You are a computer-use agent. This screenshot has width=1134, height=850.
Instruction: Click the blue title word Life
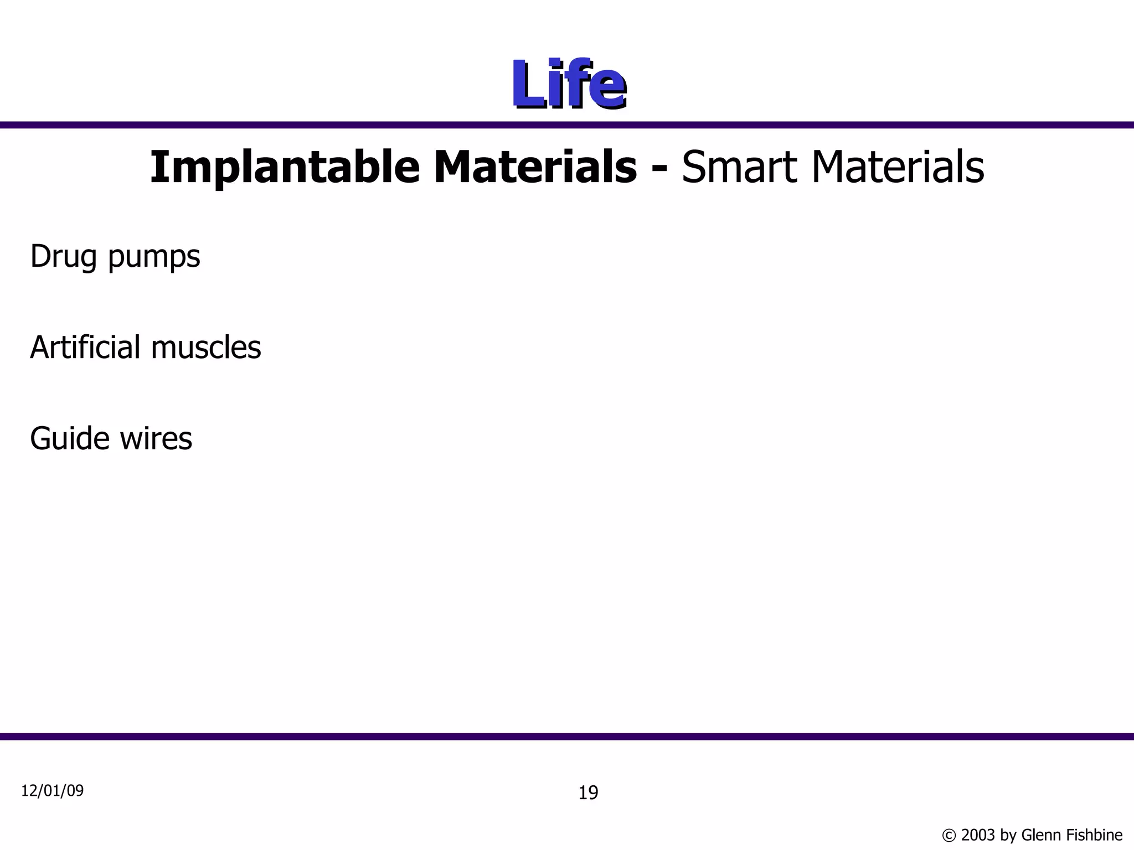pyautogui.click(x=568, y=84)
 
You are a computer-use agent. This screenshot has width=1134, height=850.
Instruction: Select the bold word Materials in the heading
pyautogui.click(x=535, y=167)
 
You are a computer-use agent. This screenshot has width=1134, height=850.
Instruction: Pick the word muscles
pyautogui.click(x=205, y=348)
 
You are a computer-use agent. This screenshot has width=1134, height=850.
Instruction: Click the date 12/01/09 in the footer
pyautogui.click(x=52, y=791)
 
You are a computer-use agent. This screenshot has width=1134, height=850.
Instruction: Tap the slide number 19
pyautogui.click(x=588, y=793)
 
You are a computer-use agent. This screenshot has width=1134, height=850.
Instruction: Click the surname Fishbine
pyautogui.click(x=1097, y=835)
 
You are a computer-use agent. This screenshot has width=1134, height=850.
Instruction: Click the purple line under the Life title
pyautogui.click(x=567, y=125)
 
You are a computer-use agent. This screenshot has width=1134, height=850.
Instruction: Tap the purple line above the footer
pyautogui.click(x=567, y=737)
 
